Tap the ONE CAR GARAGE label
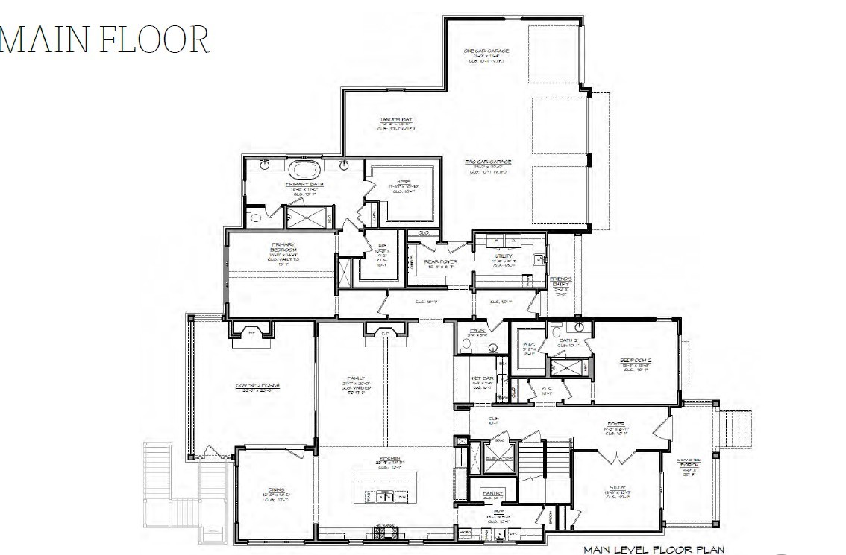pos(486,51)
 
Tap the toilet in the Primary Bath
pos(254,218)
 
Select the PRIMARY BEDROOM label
pos(283,248)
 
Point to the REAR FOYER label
pos(440,262)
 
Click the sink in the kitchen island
pos(386,495)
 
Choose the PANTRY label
pos(492,493)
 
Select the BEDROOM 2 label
pos(636,361)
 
